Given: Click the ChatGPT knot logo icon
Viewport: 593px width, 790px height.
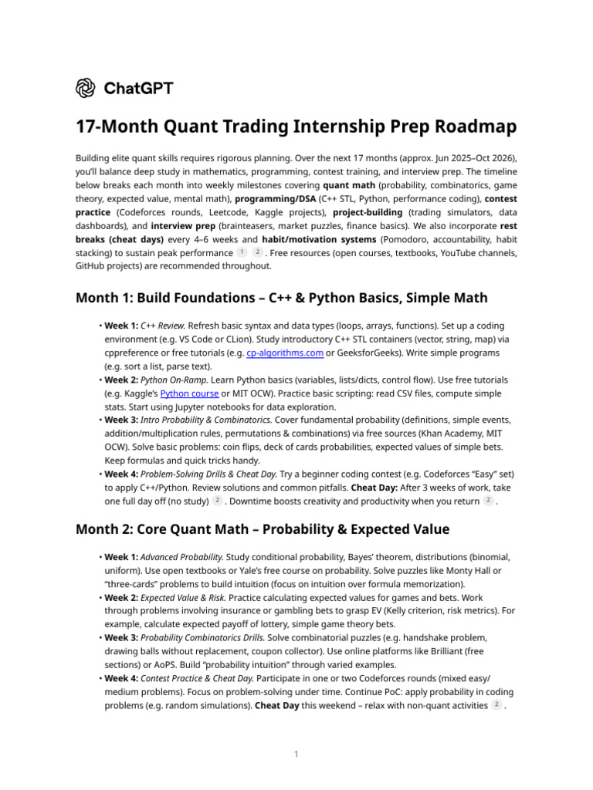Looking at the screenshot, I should click(x=86, y=88).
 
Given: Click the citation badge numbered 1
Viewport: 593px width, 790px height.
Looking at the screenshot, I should click(x=242, y=252).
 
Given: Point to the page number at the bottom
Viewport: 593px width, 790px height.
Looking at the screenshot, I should click(x=296, y=754).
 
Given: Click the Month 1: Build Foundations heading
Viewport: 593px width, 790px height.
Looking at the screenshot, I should click(x=281, y=298).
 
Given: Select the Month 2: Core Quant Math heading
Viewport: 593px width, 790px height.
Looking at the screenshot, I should click(x=263, y=529).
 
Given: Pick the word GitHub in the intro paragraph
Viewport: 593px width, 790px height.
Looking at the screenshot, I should click(x=93, y=265).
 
